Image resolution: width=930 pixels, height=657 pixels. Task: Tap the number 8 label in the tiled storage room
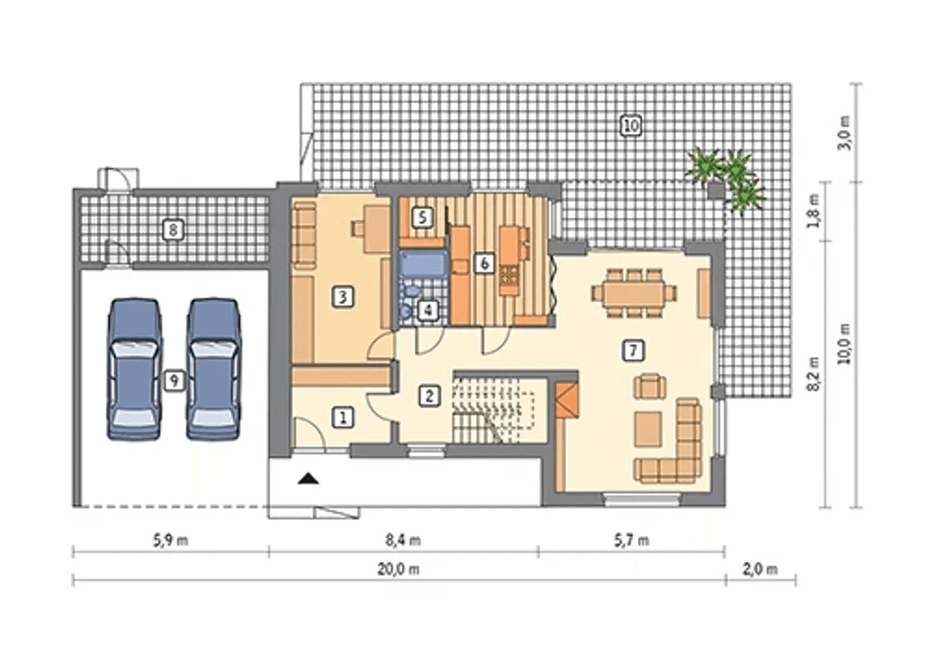tap(173, 230)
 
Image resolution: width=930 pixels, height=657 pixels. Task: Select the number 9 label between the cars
tap(174, 380)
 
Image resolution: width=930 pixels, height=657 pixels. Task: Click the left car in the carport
tap(134, 368)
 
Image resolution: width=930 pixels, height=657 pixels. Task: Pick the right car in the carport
tap(214, 368)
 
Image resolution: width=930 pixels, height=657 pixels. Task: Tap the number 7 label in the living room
tap(633, 351)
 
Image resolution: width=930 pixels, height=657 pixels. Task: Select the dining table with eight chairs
tap(633, 293)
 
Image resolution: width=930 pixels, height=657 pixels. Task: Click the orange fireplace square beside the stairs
tap(567, 400)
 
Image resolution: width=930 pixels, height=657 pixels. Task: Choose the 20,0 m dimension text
tap(398, 569)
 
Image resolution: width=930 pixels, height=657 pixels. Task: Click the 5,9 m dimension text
tap(171, 541)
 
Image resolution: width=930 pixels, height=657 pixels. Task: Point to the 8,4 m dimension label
tap(403, 541)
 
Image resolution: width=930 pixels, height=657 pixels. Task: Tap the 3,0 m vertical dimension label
tap(844, 133)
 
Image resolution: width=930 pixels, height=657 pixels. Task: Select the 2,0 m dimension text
tap(760, 569)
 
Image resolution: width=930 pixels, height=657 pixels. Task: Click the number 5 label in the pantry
tap(422, 217)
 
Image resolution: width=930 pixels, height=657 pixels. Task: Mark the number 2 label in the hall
tap(429, 395)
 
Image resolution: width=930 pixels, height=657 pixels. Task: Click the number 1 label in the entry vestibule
tap(343, 418)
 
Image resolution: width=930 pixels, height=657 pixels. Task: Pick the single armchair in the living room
tap(650, 386)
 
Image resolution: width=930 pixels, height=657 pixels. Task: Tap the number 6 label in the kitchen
tap(484, 263)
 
